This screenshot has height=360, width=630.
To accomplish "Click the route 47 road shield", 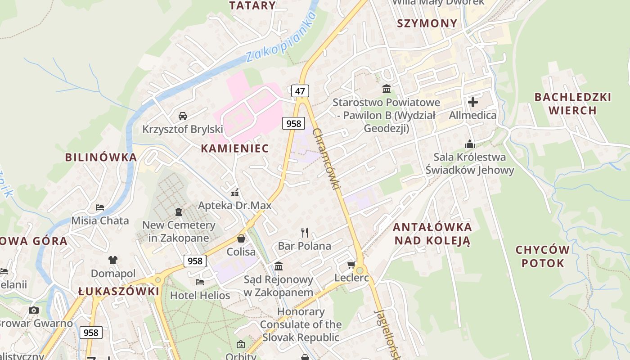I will (300, 91).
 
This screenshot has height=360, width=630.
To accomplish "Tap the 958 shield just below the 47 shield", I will (294, 123).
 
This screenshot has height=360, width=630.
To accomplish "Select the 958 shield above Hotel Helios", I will (195, 261).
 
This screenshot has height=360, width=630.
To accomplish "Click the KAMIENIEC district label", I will (234, 148).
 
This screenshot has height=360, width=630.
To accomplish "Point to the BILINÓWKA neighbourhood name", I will (101, 157).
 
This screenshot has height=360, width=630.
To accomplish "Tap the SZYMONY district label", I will (427, 23).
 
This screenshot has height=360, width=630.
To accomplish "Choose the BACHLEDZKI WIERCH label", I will (573, 103).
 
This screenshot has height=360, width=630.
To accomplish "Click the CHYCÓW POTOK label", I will (543, 256).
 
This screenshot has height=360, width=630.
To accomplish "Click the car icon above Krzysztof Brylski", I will (183, 116).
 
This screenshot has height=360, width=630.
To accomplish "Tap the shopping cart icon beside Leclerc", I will (351, 265).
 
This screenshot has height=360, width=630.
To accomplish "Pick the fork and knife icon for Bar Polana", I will (305, 233).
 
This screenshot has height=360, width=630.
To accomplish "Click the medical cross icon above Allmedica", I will (473, 102).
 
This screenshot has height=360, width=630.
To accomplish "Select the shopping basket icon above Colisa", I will (241, 238).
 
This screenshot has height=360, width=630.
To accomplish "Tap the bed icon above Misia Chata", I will (100, 207).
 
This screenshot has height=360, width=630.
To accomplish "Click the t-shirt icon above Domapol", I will (112, 260).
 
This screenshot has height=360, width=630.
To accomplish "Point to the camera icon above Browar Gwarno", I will (34, 310).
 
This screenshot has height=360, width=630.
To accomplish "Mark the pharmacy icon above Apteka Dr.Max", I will (234, 193).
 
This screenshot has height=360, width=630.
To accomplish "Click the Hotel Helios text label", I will (200, 296).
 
